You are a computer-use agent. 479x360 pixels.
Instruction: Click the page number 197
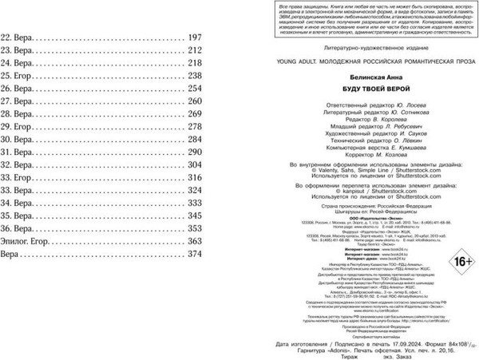tap(195, 38)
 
